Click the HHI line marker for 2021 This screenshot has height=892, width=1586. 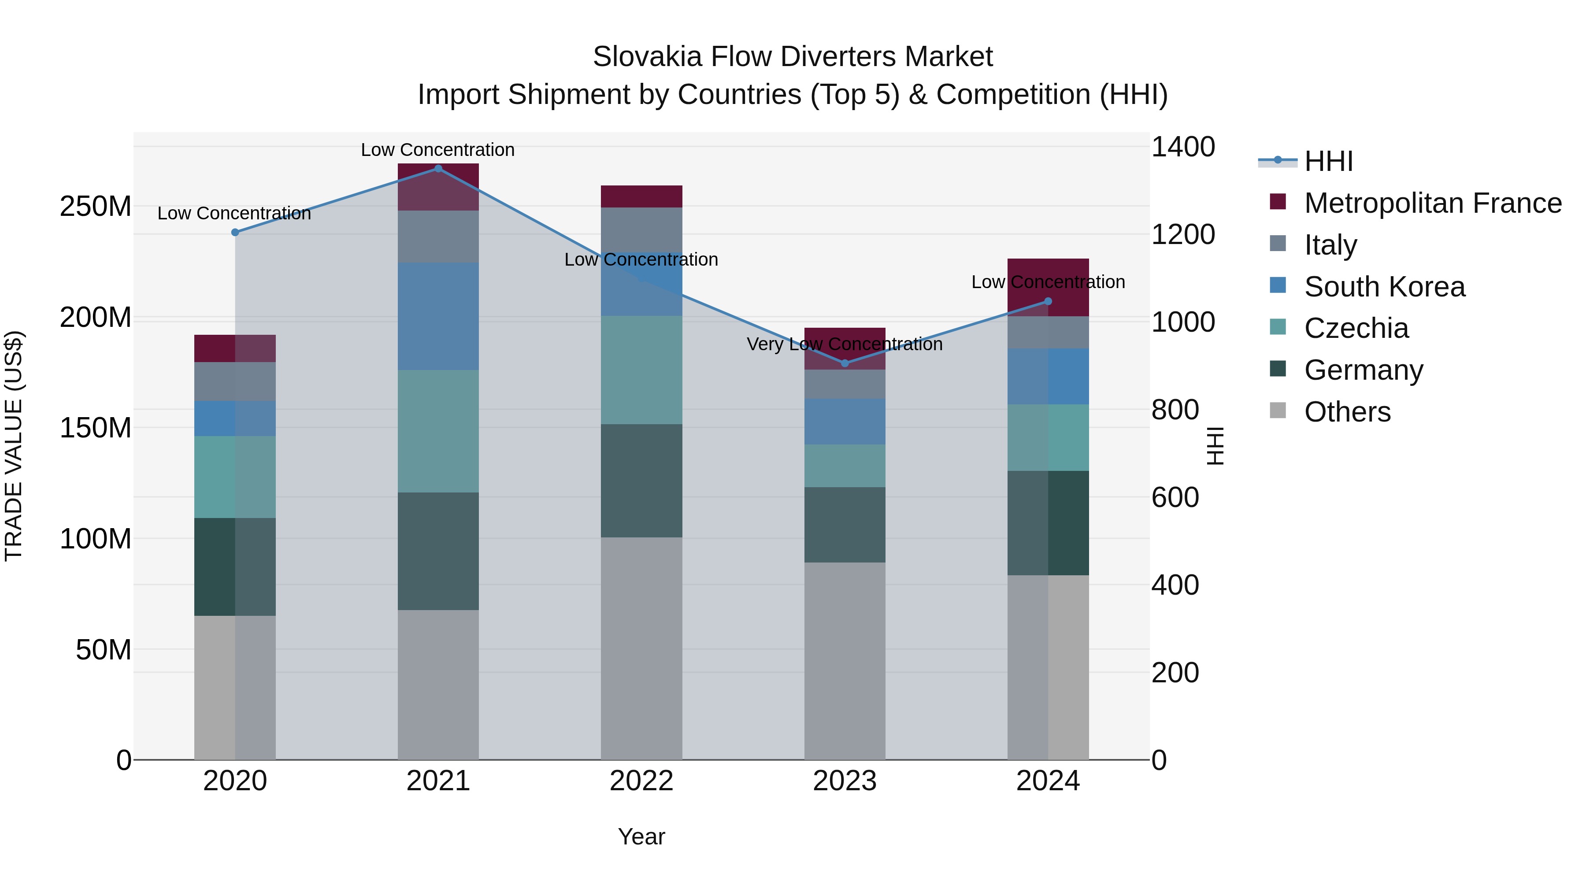coord(438,169)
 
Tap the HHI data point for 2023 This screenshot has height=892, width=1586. coord(845,363)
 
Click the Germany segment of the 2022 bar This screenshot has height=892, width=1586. coord(641,481)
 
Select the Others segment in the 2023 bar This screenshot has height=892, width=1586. coord(845,661)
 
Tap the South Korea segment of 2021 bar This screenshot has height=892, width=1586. coord(438,316)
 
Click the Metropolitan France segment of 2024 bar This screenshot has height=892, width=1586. coord(1049,287)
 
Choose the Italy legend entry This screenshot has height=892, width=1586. coord(1330,245)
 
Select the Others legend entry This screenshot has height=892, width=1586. coord(1347,412)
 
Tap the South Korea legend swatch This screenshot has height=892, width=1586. coord(1278,285)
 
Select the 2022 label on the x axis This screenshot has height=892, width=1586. coord(641,781)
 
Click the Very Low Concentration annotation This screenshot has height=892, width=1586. coord(845,344)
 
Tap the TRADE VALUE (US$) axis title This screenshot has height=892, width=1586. coord(14,446)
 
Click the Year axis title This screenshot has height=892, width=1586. coord(641,836)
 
